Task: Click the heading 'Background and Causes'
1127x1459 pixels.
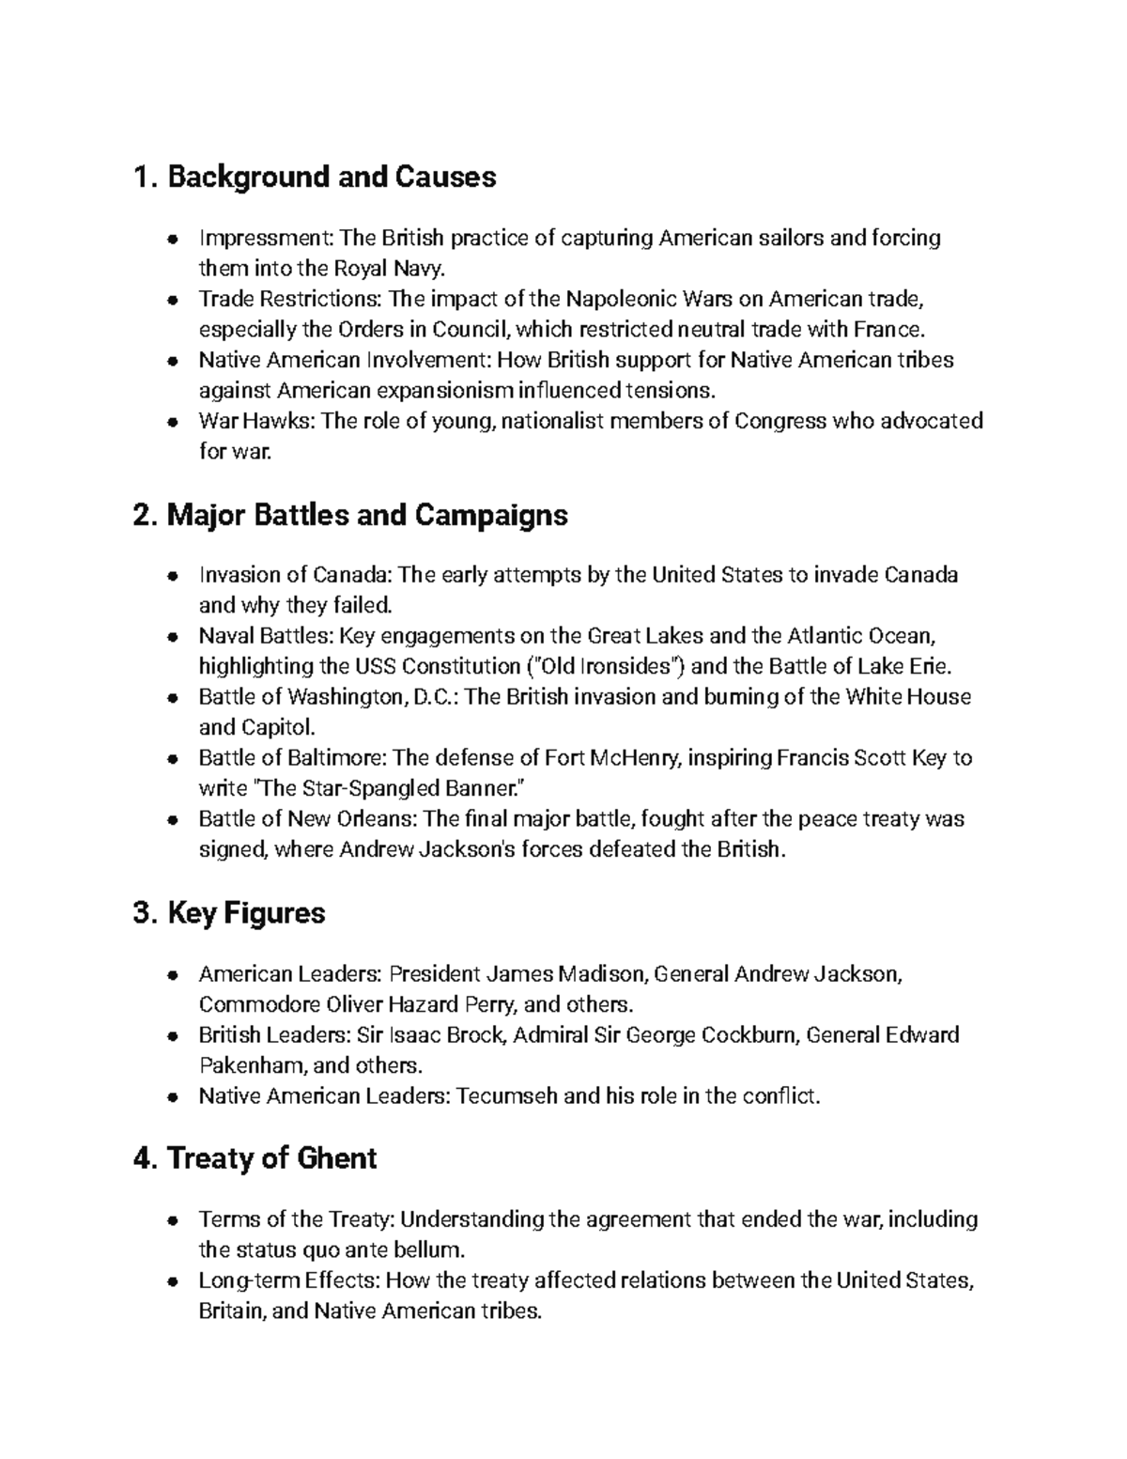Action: point(315,177)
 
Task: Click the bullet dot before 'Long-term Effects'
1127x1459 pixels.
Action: point(172,1281)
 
